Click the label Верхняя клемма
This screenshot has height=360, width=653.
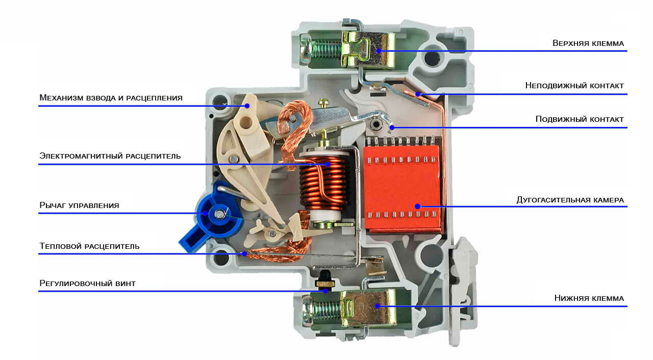point(588,43)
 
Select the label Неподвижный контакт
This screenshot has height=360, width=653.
point(574,86)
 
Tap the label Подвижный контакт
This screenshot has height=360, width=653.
point(580,119)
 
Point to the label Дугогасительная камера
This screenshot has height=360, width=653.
point(570,200)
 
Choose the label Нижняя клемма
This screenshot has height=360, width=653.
point(589,298)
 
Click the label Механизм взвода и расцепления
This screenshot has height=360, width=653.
point(111,97)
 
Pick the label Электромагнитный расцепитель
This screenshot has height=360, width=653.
point(110,156)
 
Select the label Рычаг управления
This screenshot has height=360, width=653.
point(79,205)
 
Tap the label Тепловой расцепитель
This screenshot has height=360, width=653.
point(89,246)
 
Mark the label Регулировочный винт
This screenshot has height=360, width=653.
point(87,283)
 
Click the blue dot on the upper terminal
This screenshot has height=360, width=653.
point(379,51)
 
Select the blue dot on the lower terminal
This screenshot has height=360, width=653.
point(377,306)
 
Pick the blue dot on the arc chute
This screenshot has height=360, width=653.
point(417,207)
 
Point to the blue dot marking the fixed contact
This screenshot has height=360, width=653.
point(417,94)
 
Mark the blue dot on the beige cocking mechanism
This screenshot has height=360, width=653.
point(247,106)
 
